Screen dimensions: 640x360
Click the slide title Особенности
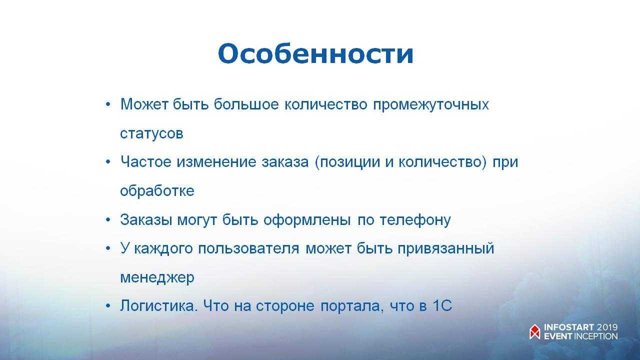click(315, 53)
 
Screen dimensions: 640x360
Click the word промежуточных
click(431, 105)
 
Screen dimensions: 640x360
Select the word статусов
click(151, 133)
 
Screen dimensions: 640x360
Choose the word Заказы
click(146, 219)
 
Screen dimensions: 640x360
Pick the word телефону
click(415, 220)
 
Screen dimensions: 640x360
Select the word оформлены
click(307, 220)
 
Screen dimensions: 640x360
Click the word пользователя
click(248, 248)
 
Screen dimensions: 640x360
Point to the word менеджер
click(157, 277)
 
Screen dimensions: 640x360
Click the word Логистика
click(159, 305)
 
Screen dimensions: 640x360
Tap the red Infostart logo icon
click(535, 331)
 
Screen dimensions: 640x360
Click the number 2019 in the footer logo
click(607, 327)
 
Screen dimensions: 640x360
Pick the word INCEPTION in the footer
click(595, 336)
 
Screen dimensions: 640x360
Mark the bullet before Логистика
click(108, 306)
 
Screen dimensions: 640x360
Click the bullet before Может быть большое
click(108, 104)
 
